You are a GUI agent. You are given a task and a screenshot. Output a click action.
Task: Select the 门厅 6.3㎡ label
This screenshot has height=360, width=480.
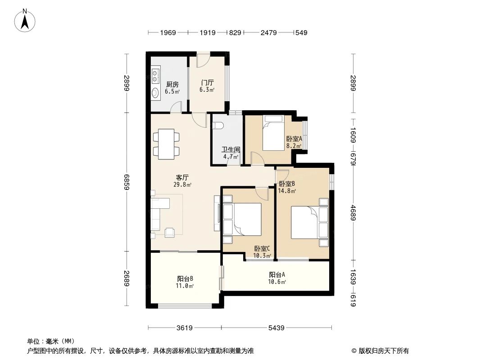pyautogui.click(x=207, y=86)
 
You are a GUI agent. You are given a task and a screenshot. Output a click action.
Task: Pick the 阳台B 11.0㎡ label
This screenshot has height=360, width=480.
pyautogui.click(x=185, y=282)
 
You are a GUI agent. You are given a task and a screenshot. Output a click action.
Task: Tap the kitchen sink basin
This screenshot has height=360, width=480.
pyautogui.click(x=155, y=94)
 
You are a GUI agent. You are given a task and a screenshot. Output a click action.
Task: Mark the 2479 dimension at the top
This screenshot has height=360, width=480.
pyautogui.click(x=268, y=33)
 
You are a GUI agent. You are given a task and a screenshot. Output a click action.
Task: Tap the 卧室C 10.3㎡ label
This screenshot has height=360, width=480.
pyautogui.click(x=262, y=252)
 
